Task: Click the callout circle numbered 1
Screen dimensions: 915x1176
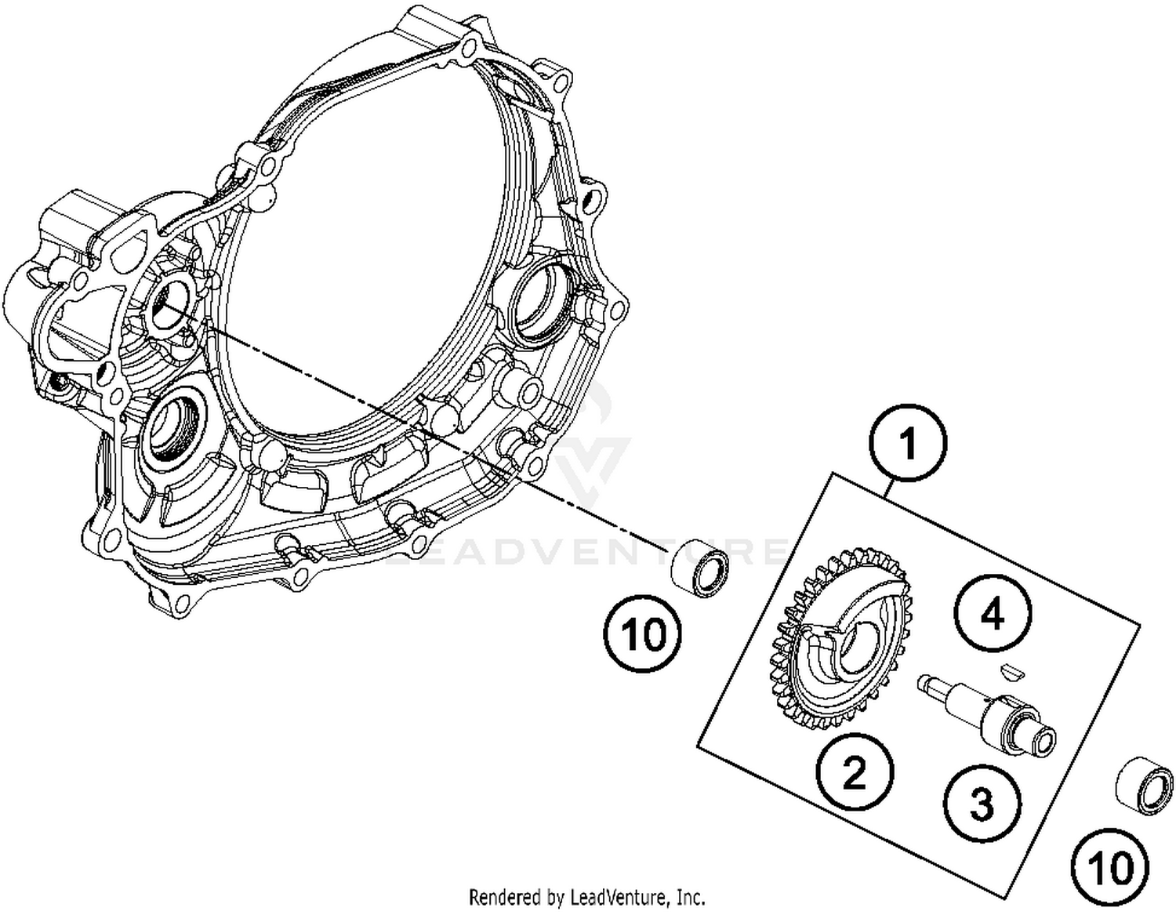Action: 909,445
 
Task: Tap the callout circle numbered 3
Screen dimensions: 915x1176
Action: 982,804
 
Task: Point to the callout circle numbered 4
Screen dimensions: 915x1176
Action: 992,615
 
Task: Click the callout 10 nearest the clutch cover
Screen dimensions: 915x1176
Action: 643,634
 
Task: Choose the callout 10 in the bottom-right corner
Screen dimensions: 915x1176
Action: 1111,868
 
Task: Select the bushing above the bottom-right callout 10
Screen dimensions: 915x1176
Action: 1145,786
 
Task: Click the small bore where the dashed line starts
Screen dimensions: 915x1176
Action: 168,303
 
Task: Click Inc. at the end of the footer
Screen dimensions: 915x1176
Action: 691,896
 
